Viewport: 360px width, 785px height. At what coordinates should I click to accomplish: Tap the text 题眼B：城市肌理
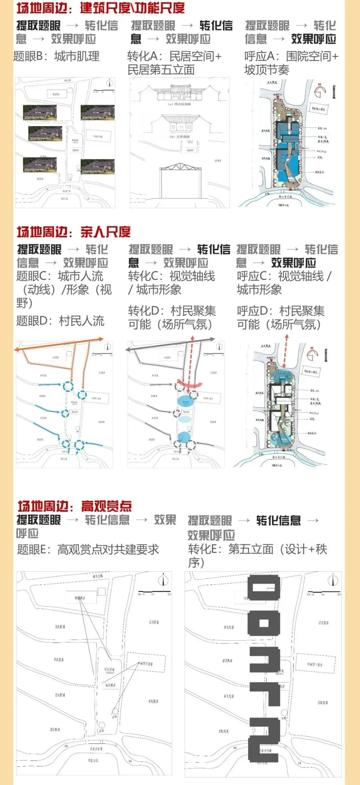56,56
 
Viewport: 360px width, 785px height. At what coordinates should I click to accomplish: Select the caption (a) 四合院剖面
179,104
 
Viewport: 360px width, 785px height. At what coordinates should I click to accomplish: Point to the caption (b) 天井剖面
179,137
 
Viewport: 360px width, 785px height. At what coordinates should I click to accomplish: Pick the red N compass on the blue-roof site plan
320,90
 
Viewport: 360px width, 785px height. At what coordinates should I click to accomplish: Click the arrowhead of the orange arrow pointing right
101,339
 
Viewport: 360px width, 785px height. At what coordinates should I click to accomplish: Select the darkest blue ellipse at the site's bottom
184,437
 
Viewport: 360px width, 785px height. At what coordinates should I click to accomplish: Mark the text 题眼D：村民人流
60,321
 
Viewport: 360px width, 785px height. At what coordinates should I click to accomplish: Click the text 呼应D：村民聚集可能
280,317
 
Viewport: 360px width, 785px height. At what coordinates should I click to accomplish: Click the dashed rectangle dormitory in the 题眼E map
146,664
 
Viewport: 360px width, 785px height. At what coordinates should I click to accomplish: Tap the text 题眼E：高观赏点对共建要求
88,549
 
